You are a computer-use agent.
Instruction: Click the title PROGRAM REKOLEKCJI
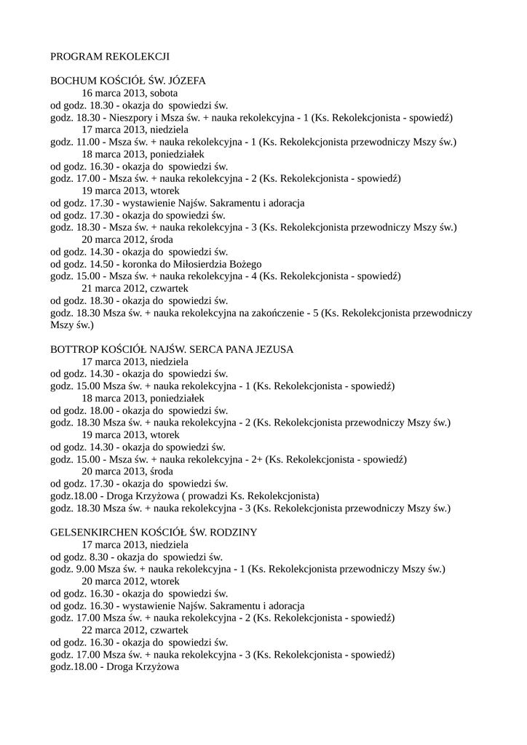110,55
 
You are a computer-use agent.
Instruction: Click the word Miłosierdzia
192,263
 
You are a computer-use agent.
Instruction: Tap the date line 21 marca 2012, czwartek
135,288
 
